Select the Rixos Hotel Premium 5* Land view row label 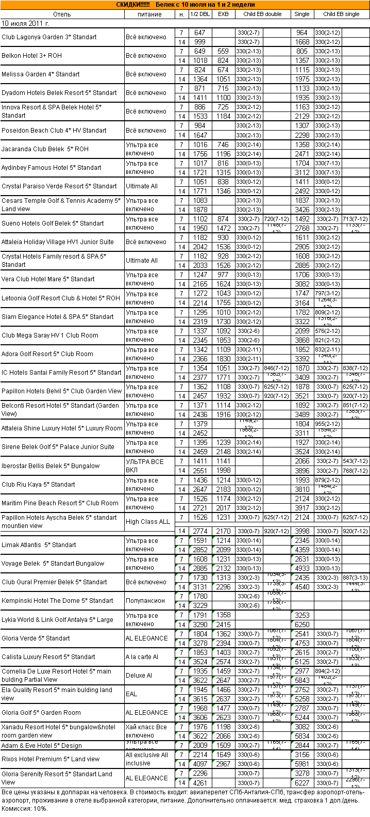coord(51,759)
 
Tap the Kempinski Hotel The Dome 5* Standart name coord(57,601)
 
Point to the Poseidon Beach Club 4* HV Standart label coord(54,130)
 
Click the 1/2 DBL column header coord(200,14)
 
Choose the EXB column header coord(223,14)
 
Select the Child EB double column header coord(262,14)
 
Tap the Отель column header coord(62,14)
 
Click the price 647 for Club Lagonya coord(200,33)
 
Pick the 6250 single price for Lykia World coord(302,624)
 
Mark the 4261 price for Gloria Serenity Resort coord(200,783)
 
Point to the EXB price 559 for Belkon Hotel coord(223,51)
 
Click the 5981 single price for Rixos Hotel coord(302,764)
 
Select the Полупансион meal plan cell coord(145,601)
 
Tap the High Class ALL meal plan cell coord(148,522)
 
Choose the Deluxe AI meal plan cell coord(139,676)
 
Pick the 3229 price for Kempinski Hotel coord(200,606)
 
